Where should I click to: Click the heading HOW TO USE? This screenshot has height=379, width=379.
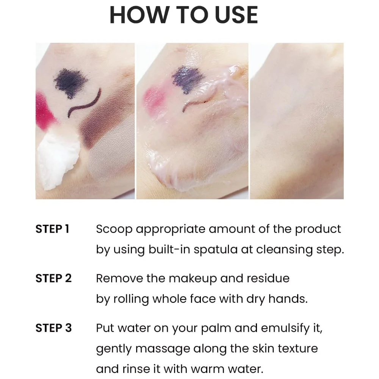point(184,15)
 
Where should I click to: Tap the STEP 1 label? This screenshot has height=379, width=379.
point(52,229)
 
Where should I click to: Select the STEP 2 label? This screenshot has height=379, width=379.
point(53,278)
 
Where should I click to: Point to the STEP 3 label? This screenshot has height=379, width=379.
point(53,328)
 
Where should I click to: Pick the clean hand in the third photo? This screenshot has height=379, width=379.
point(297,121)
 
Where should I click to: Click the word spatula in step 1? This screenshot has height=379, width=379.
point(215,250)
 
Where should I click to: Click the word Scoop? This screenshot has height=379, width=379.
point(114,229)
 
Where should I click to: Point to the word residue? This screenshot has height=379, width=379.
point(268,279)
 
